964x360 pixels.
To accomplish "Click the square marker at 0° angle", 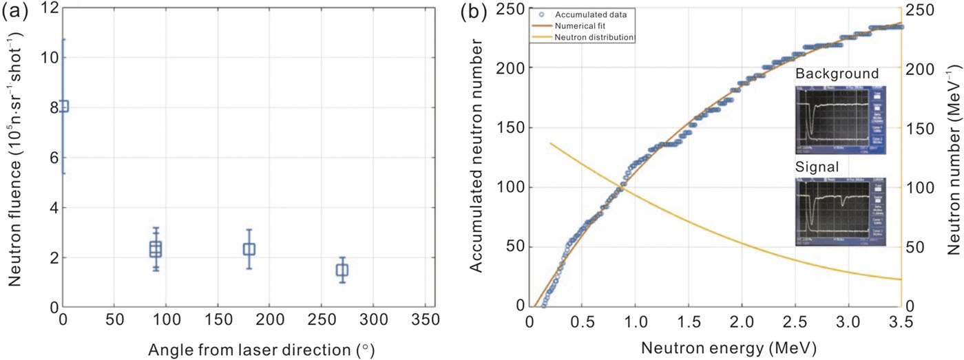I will [x=63, y=106].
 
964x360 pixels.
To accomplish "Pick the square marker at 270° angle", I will [x=342, y=270].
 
